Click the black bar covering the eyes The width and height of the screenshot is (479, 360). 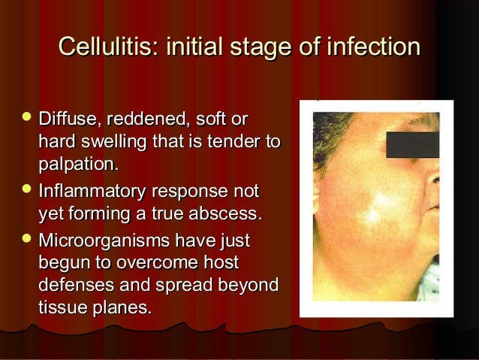(x=411, y=143)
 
